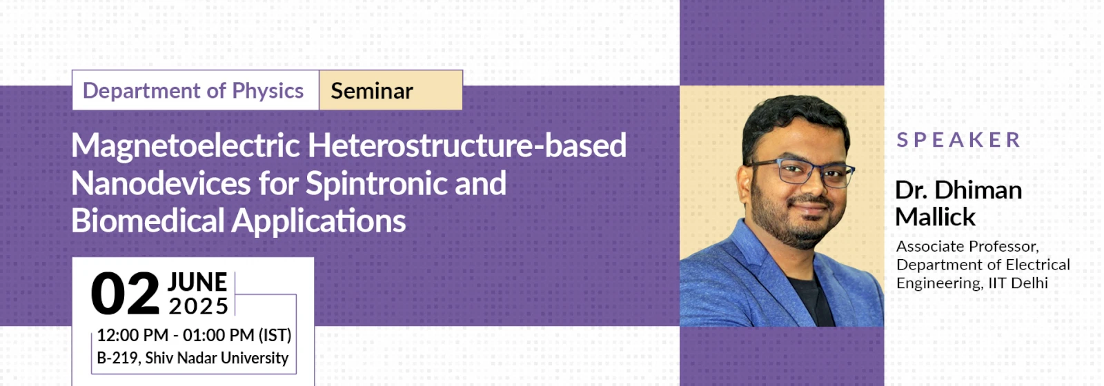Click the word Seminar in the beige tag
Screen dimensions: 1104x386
coord(372,91)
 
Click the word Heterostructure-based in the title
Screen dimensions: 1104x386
coord(467,145)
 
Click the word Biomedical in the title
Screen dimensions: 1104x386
coord(148,221)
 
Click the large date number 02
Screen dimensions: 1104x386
coord(125,294)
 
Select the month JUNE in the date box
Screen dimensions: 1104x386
coord(197,282)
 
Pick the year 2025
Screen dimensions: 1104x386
coord(198,306)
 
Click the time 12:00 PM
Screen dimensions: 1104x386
coord(132,335)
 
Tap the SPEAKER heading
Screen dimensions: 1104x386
coord(958,140)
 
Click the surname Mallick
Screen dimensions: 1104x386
coord(935,216)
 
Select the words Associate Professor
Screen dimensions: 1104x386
coord(967,246)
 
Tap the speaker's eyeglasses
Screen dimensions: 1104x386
coord(801,172)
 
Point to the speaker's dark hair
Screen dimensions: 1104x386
coord(794,118)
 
